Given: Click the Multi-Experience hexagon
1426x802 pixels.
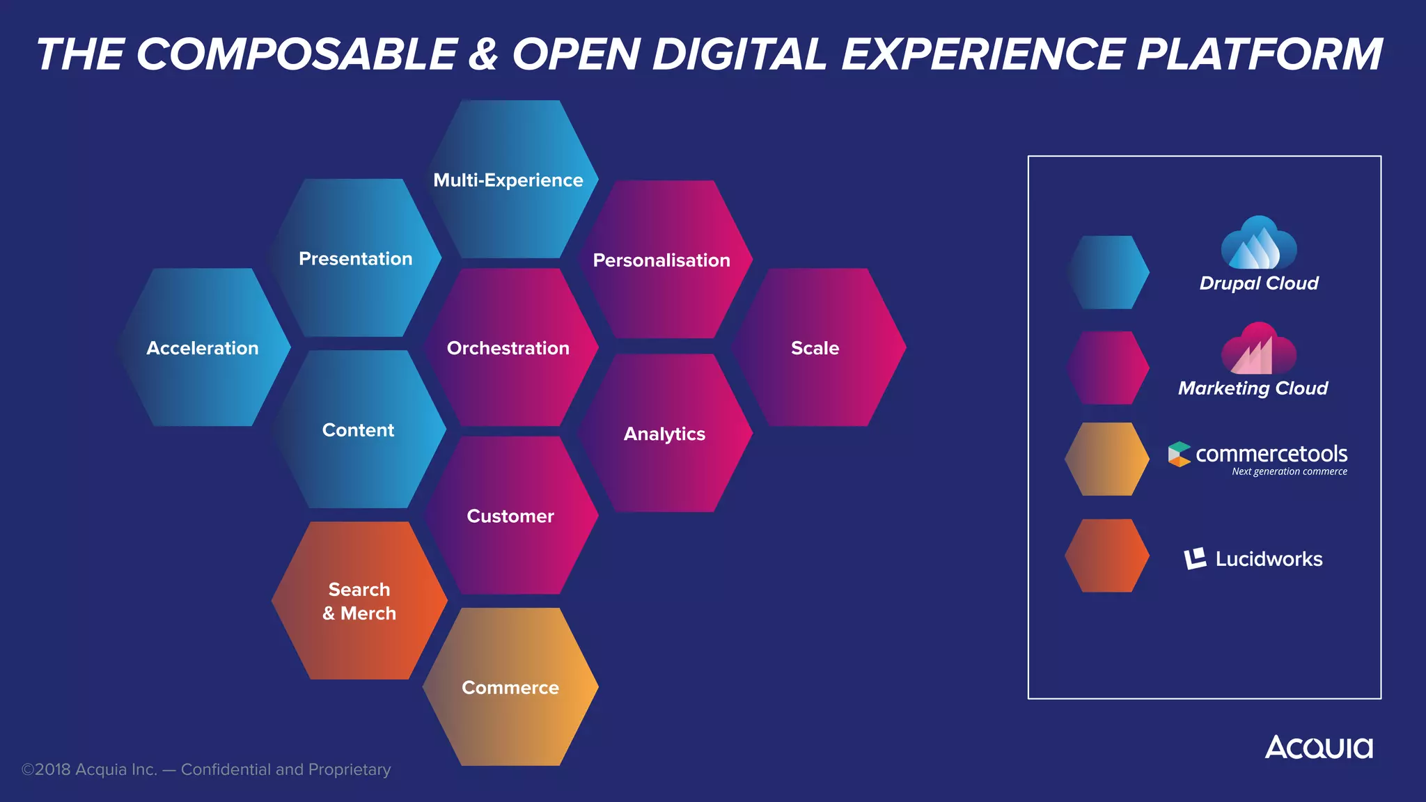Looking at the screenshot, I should point(510,180).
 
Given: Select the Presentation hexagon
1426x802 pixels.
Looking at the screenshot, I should point(355,258).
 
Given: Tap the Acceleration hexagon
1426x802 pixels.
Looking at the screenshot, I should point(203,347).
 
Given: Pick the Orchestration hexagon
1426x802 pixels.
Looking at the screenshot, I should point(509,347).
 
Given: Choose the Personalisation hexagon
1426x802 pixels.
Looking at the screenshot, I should point(662,260).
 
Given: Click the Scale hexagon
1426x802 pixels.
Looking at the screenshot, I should point(816,347).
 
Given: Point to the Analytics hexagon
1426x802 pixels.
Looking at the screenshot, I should point(664,433).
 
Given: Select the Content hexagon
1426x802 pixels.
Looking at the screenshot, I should point(358,430).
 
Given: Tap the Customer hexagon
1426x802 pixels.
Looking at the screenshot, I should point(510,516).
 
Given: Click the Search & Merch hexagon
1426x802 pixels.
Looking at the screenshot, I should point(359,601).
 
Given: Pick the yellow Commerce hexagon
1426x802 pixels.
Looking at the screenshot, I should point(510,687).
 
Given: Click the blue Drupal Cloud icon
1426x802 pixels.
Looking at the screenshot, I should point(1259,244).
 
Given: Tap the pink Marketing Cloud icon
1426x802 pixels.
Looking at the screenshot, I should point(1259,349).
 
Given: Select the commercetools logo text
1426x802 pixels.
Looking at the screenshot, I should point(1271,454).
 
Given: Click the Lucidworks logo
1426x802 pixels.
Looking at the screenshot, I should point(1253,558).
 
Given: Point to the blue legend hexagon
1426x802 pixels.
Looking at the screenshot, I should point(1107,272).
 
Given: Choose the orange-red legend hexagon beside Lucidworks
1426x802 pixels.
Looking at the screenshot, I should point(1107,556).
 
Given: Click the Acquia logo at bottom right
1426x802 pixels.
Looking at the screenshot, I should point(1319,748).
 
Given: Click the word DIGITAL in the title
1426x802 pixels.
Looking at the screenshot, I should point(739,54).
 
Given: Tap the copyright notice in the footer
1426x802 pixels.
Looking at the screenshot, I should point(206,769).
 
